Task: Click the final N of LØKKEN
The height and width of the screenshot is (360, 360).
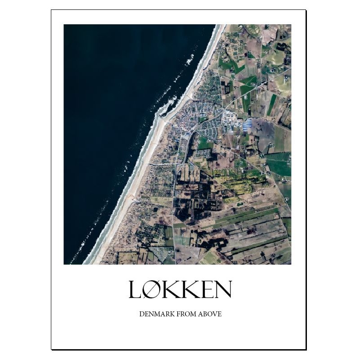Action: (223, 289)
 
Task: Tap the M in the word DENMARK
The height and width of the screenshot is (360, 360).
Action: (156, 314)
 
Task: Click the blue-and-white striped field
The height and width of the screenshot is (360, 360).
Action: (247, 124)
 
